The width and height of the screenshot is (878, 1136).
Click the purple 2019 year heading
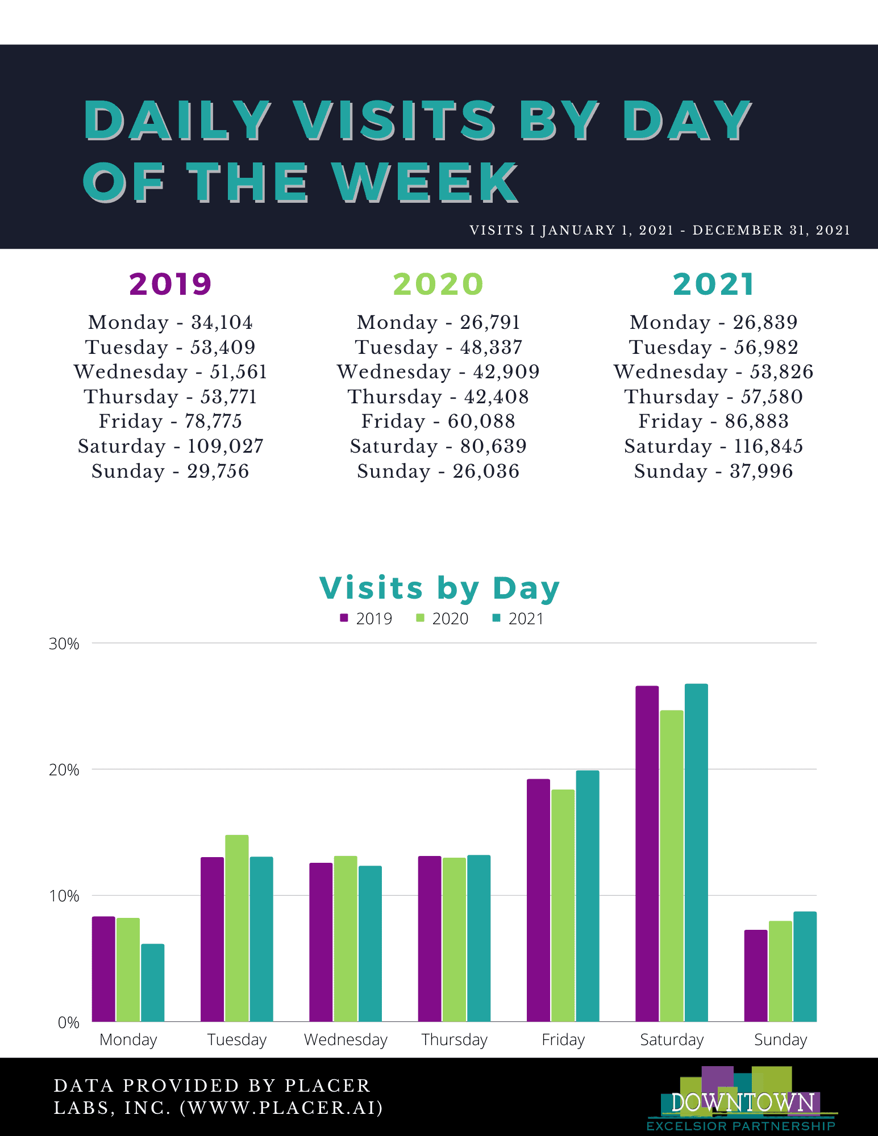click(170, 284)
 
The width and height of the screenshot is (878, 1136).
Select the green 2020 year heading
click(438, 284)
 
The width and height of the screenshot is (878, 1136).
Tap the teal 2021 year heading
click(713, 284)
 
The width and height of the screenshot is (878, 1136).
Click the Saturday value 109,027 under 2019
click(225, 446)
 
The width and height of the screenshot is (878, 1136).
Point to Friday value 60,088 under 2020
click(481, 421)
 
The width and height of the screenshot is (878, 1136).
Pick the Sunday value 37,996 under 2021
click(761, 471)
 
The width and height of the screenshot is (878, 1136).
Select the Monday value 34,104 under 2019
click(222, 323)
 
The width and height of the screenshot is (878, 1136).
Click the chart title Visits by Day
click(439, 588)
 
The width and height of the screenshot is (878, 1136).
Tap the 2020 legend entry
click(443, 619)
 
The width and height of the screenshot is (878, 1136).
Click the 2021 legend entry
click(518, 619)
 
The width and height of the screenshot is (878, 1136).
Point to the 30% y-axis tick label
click(64, 644)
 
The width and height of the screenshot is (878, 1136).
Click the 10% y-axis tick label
click(64, 896)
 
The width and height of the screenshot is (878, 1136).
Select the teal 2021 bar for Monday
click(152, 983)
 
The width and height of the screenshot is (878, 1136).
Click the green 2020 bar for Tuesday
click(236, 929)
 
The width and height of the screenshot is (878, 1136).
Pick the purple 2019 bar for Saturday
click(647, 852)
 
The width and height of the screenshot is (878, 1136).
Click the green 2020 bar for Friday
click(563, 906)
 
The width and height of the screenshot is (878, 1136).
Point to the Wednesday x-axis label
click(346, 1040)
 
